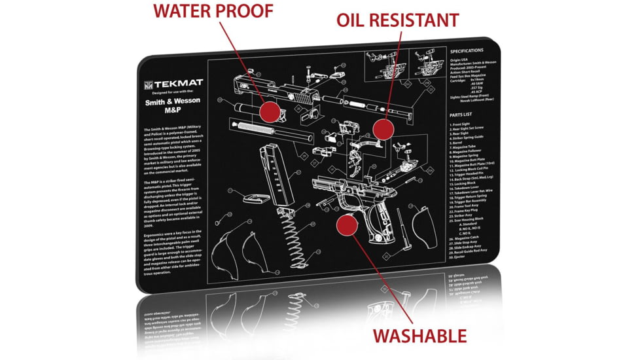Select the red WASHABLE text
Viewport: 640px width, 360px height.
point(419,336)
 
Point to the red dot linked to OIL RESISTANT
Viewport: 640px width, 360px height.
point(383,128)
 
